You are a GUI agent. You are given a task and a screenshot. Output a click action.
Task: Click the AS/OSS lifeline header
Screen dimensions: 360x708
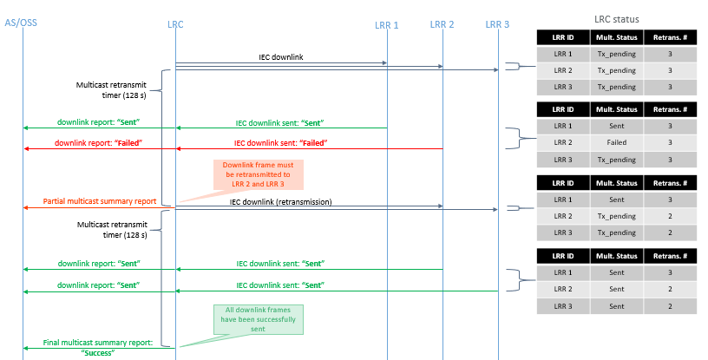(23, 23)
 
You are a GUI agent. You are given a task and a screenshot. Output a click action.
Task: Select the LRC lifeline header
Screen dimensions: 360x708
(175, 23)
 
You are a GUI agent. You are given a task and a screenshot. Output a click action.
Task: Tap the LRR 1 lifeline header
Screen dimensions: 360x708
(384, 24)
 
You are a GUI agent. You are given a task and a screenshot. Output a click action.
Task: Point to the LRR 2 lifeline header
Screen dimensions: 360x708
(442, 23)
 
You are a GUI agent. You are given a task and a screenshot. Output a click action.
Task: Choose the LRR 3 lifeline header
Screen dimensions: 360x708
(497, 23)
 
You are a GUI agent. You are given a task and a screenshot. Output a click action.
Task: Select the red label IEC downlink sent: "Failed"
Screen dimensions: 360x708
(280, 142)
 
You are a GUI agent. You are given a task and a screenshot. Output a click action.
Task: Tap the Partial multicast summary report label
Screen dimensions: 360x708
(100, 201)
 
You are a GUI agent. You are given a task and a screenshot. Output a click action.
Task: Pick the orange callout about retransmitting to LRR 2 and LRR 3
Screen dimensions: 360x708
(259, 174)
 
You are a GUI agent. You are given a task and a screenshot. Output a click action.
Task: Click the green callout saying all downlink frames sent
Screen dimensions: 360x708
(257, 320)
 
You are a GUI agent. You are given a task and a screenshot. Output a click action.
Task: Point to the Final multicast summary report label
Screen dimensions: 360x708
(97, 347)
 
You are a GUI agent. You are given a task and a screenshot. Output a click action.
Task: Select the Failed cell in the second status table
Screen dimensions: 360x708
(617, 142)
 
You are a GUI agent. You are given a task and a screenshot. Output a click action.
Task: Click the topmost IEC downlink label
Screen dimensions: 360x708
(280, 57)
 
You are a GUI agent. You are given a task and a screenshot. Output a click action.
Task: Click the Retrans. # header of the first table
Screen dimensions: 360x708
(670, 36)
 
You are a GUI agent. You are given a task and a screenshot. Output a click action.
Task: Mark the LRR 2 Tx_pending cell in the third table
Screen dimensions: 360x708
(617, 216)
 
